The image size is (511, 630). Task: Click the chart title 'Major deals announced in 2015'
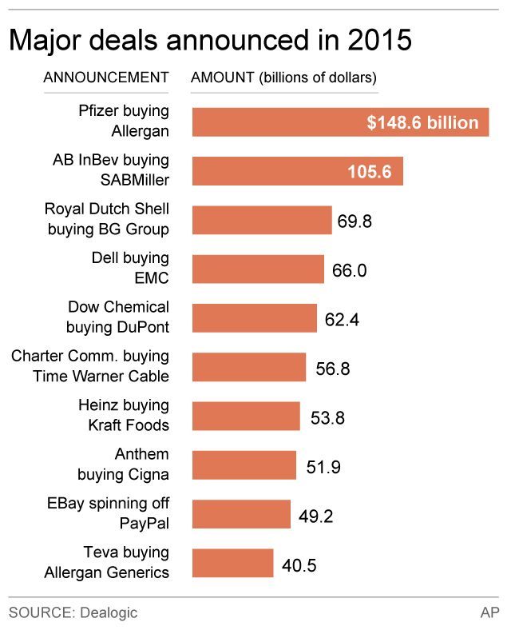click(x=210, y=40)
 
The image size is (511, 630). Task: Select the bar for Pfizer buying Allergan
click(x=340, y=122)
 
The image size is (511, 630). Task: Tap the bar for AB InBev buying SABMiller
click(x=297, y=171)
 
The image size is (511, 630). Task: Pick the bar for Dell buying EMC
click(x=258, y=269)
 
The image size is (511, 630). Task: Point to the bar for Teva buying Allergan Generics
click(x=233, y=564)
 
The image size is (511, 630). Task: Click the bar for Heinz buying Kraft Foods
click(x=246, y=417)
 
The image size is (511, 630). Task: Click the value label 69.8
click(x=355, y=221)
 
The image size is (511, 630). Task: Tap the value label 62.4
click(x=341, y=319)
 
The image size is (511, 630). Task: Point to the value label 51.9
click(x=323, y=466)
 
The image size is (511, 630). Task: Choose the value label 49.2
click(x=314, y=516)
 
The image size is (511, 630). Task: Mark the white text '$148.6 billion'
click(x=422, y=123)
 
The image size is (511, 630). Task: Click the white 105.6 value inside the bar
click(x=369, y=171)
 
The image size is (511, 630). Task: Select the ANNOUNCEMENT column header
click(x=105, y=78)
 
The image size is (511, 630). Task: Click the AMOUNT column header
click(x=283, y=78)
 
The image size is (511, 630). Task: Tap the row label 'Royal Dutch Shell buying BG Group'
click(x=107, y=220)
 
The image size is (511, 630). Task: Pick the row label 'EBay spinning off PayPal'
click(x=109, y=514)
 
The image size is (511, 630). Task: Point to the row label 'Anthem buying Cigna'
click(x=123, y=465)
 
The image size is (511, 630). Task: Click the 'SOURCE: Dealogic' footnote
click(x=73, y=612)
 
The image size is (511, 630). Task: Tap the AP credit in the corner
click(x=489, y=612)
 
